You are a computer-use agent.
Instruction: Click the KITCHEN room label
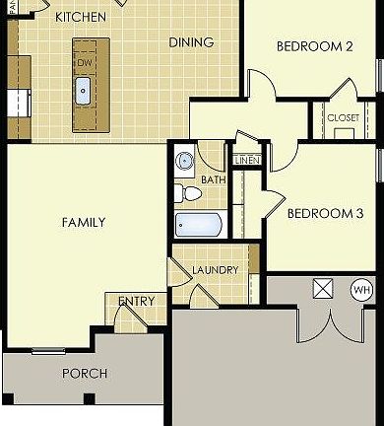82,17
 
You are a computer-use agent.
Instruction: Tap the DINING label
191,41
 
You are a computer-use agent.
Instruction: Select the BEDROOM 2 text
314,46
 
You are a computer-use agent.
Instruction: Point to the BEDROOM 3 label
325,213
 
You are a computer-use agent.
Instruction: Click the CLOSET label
344,117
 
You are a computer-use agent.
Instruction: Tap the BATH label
214,180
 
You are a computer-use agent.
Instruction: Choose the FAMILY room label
84,223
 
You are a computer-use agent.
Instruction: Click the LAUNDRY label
216,270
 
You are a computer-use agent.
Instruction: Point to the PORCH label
85,374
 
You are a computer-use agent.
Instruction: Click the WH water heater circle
362,290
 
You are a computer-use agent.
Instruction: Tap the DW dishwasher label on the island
84,62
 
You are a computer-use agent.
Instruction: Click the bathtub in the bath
199,224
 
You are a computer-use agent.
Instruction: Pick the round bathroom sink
184,161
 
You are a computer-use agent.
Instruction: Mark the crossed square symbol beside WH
322,289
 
